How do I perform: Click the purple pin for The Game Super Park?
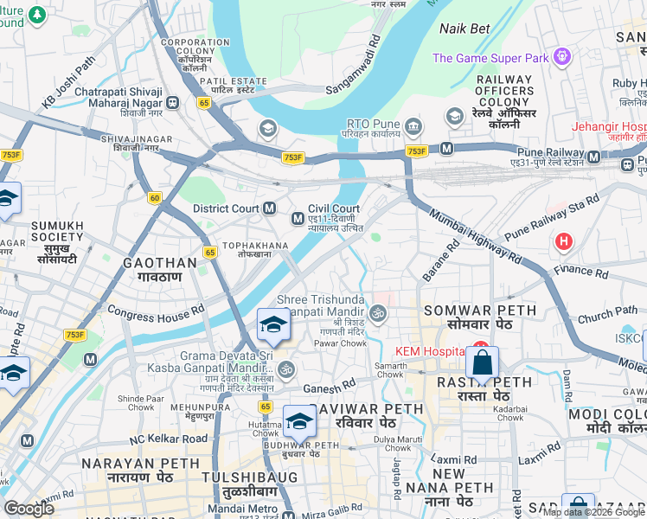563,57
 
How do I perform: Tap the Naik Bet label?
464,29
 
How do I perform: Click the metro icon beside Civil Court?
297,215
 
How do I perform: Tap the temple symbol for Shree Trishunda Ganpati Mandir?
376,312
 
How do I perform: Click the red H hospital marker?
564,241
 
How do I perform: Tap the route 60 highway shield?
154,198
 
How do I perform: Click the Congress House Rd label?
156,310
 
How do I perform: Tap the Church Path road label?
607,316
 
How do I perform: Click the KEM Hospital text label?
430,351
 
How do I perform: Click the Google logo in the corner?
29,509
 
